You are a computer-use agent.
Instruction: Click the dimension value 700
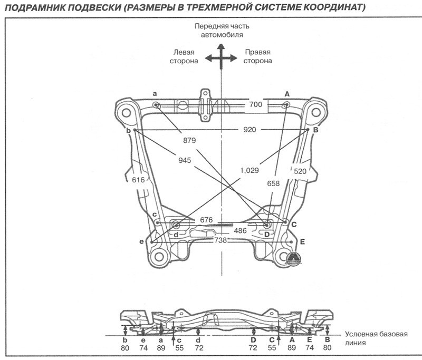pos(255,105)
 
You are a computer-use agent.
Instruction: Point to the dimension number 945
pos(184,160)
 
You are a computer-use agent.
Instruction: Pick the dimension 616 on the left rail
pos(138,180)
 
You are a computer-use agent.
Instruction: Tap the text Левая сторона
pos(184,56)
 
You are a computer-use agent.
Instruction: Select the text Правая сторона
pos(257,56)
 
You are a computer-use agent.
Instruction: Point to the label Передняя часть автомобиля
pos(222,30)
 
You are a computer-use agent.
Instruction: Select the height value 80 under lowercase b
pos(125,348)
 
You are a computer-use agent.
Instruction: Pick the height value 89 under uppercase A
pos(292,348)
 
